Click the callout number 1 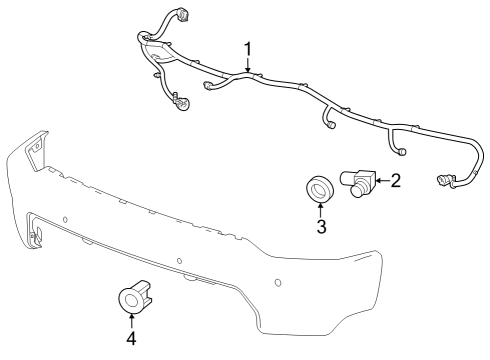click(x=248, y=47)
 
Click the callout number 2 click(x=396, y=180)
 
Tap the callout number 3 click(x=321, y=226)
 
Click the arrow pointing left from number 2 click(x=381, y=181)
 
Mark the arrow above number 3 click(x=321, y=209)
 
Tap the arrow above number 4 click(x=132, y=319)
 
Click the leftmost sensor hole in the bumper click(x=64, y=217)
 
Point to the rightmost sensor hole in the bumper click(x=277, y=282)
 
